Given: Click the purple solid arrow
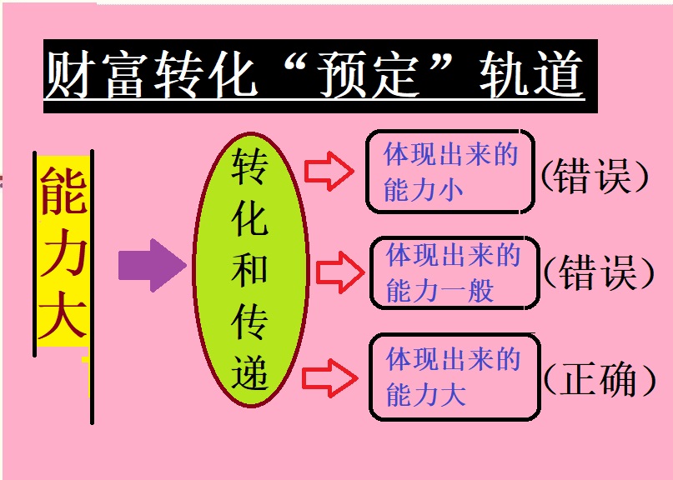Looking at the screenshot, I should (151, 265).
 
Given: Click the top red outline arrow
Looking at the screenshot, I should (329, 171).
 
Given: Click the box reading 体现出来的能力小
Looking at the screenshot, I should (450, 172).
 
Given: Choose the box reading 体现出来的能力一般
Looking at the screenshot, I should (455, 273).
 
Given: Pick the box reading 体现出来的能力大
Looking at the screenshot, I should (455, 377).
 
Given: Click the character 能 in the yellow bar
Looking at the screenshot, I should (63, 189).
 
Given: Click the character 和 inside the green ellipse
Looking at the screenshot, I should (250, 269).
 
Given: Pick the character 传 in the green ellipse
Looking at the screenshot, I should (250, 321).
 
